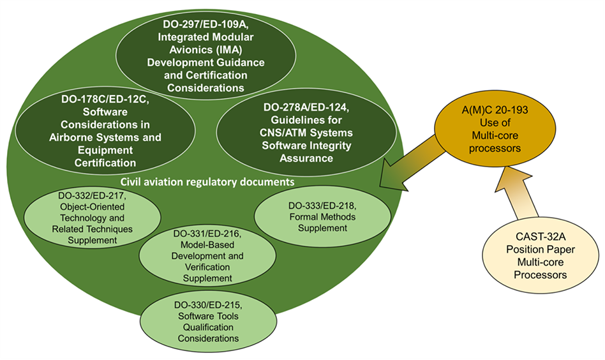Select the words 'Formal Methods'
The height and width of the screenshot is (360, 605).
pos(317,216)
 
